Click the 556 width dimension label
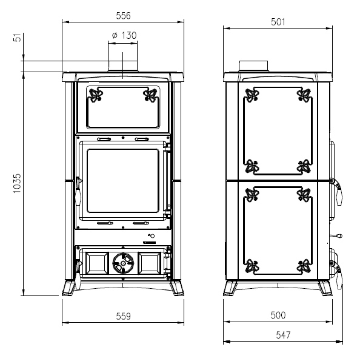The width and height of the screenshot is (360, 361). tap(123, 16)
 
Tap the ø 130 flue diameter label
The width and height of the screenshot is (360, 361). tap(124, 35)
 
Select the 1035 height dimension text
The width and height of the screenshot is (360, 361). tap(17, 183)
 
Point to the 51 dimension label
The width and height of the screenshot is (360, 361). tap(17, 38)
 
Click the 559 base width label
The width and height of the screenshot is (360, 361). tap(123, 316)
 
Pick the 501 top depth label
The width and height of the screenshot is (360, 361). tap(278, 22)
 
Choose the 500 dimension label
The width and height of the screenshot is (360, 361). tap(278, 315)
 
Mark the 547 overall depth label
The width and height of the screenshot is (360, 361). tap(283, 335)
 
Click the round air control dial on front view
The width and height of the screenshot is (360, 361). tap(123, 263)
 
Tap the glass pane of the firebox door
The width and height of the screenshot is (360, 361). tap(123, 181)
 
